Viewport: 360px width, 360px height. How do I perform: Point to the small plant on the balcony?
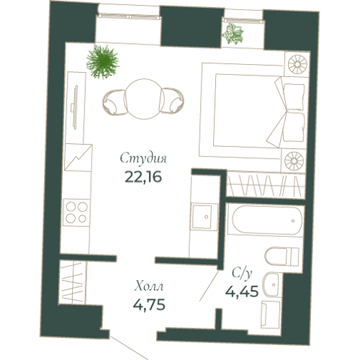(x=233, y=34)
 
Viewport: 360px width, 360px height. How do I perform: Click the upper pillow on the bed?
(x=294, y=93)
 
